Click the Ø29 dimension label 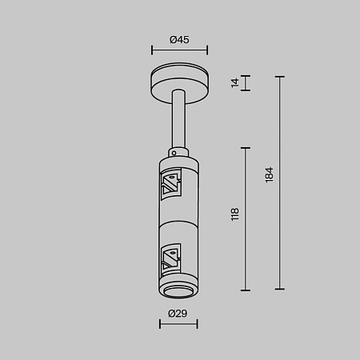(178, 313)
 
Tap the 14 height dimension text (235, 83)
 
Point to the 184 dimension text (270, 174)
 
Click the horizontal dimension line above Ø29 (178, 323)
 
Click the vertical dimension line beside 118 (246, 218)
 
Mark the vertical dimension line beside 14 (246, 84)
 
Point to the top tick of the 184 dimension (280, 77)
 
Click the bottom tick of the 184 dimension (280, 289)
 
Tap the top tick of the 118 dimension (246, 147)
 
